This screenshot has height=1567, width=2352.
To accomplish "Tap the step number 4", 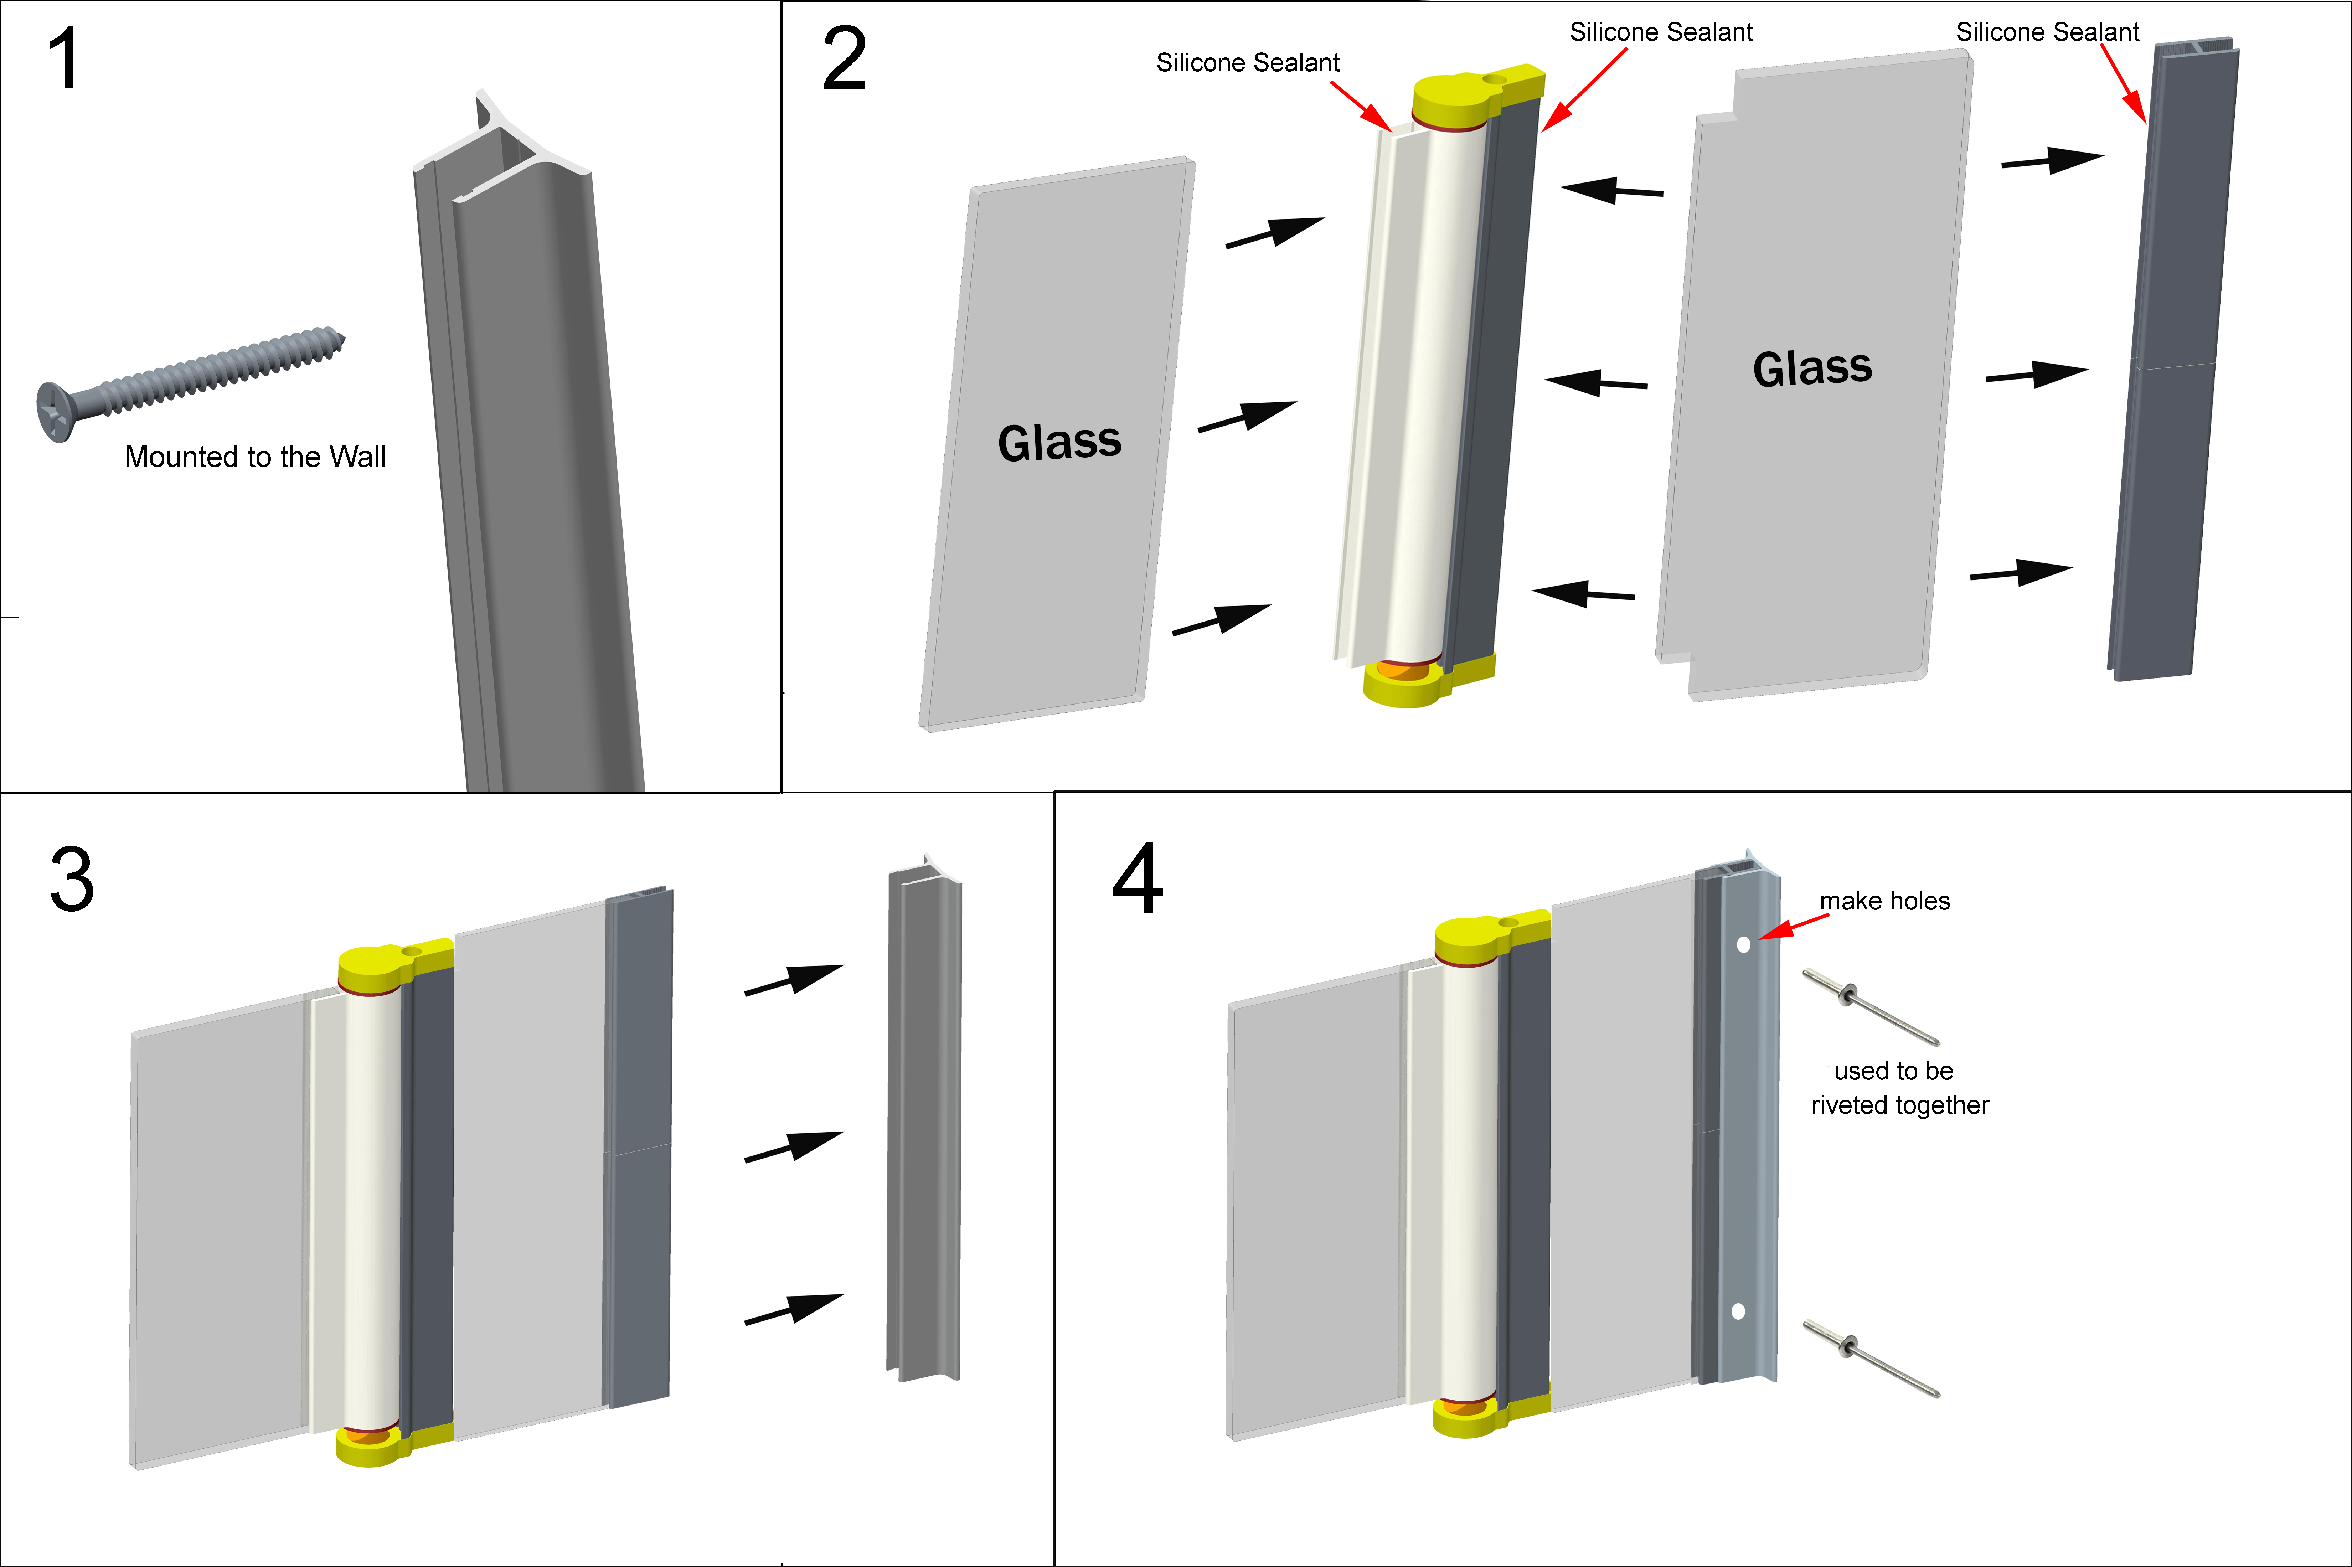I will (1138, 880).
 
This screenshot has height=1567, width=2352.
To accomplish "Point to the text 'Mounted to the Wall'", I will (255, 457).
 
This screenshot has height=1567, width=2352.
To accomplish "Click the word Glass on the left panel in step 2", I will (1059, 442).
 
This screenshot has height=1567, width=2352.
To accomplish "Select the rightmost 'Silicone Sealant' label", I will (2047, 32).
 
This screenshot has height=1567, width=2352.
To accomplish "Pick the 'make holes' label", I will (1884, 901).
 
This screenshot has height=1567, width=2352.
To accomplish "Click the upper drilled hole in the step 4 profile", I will (1744, 944).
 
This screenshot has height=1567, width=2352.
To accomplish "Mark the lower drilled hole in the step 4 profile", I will (1738, 1311).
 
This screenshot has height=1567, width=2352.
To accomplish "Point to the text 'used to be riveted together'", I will (1898, 1087).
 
